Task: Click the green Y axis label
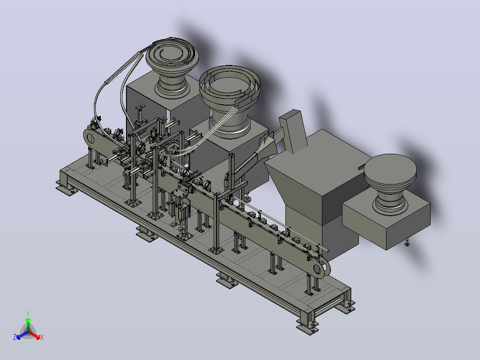(x=28, y=313)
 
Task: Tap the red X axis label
(x=42, y=337)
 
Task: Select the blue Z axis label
(x=15, y=337)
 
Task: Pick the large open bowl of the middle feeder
(x=230, y=86)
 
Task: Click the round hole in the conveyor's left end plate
(x=91, y=139)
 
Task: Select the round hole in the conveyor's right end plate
(x=317, y=269)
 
